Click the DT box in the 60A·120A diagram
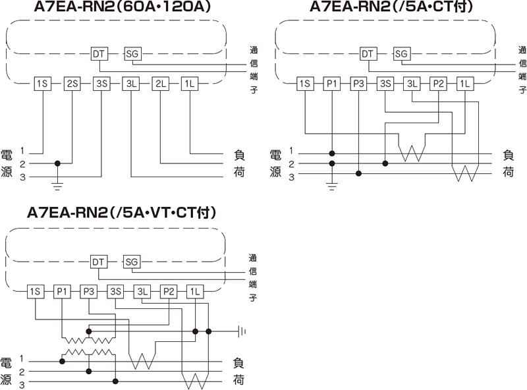coord(99,53)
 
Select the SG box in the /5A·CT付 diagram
coord(401,53)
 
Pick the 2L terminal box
coord(161,84)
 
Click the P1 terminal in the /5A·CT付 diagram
coord(332,84)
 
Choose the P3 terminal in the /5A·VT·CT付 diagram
coord(89,291)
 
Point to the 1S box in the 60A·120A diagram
coord(43,84)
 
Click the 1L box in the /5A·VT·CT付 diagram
coord(195,291)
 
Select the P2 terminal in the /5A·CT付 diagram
coord(438,84)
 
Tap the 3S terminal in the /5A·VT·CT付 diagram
coord(116,291)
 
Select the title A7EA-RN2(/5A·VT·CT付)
coord(122,213)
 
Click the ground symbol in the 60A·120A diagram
coord(57,186)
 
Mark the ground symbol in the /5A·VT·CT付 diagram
coord(242,331)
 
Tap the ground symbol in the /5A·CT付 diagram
coord(332,186)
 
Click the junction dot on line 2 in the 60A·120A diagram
coord(57,163)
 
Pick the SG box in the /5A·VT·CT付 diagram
coord(131,262)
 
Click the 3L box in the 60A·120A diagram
coord(131,84)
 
